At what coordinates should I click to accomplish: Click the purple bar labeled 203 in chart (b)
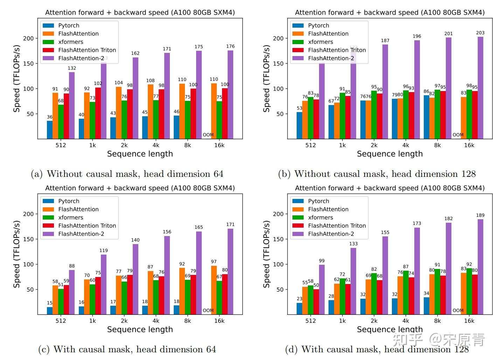pos(480,88)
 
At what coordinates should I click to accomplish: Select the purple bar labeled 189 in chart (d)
pos(480,266)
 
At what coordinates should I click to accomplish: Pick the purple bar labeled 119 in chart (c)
pos(104,284)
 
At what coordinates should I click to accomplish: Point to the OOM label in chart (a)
pos(208,135)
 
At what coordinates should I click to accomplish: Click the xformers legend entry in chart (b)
pos(320,42)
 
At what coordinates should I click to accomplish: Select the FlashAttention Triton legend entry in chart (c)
pos(87,226)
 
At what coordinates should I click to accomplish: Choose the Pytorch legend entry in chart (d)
pos(318,201)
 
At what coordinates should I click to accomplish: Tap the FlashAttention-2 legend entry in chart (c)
pos(81,234)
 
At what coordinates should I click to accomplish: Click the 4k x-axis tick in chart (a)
pos(156,145)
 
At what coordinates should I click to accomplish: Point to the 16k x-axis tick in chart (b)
pos(469,145)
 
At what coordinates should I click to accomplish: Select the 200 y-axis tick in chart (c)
pos(29,214)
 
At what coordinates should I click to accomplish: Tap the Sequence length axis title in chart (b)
pos(390,154)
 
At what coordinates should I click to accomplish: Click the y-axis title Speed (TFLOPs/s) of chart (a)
pos(16,79)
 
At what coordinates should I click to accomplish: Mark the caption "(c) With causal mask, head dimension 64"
pos(127,349)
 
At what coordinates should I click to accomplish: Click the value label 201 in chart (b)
pos(448,34)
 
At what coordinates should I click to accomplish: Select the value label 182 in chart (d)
pos(448,219)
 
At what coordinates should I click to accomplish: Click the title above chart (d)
pos(390,188)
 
